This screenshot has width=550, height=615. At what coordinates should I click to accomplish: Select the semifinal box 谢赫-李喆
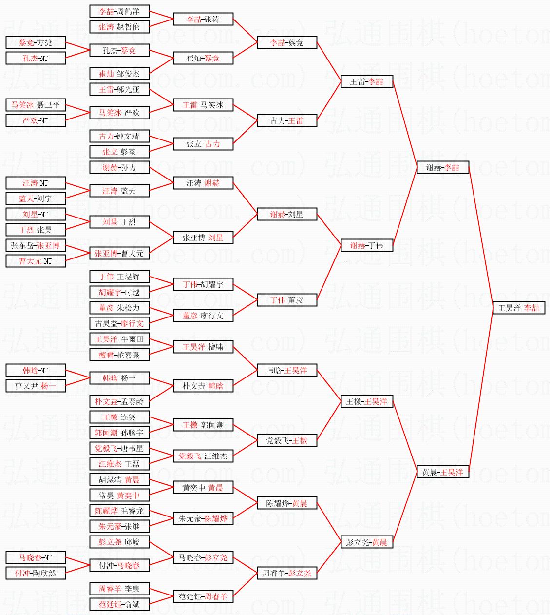(443, 167)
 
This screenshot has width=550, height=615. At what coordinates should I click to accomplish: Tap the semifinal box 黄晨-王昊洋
(443, 472)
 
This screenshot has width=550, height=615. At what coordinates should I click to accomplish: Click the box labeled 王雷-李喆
(367, 81)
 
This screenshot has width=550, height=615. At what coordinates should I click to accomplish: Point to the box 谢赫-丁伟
(367, 245)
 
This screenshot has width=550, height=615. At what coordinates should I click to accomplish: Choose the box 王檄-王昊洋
(367, 401)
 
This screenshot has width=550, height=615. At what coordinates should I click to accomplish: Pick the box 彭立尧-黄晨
(367, 542)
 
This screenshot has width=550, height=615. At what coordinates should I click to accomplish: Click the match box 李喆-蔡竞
(287, 42)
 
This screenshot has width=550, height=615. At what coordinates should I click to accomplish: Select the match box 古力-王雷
(287, 120)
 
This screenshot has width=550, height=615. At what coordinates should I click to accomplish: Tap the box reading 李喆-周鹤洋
(119, 11)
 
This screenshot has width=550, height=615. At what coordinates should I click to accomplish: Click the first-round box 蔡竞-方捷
(36, 42)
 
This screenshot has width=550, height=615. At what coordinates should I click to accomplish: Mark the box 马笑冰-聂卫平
(36, 105)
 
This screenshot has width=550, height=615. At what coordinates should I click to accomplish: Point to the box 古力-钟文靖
(119, 136)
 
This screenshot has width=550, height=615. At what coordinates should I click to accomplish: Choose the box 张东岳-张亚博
(36, 245)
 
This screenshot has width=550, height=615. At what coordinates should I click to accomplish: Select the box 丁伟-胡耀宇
(203, 284)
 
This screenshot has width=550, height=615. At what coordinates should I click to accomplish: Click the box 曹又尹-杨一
(36, 386)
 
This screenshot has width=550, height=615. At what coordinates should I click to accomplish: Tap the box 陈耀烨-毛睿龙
(119, 511)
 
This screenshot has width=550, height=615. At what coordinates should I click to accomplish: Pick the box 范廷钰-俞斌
(119, 604)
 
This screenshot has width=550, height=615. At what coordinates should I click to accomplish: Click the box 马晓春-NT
(36, 557)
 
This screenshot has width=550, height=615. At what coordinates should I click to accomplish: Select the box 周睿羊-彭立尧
(287, 573)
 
